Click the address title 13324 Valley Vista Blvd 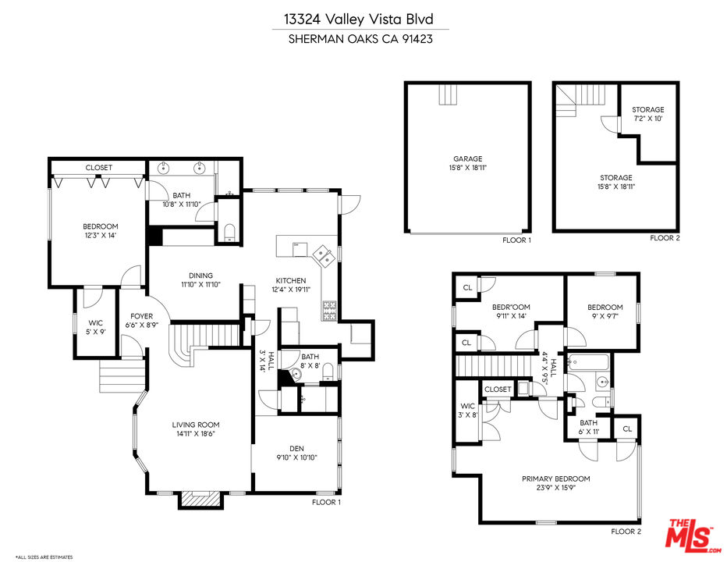pyautogui.click(x=359, y=19)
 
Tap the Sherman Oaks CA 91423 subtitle pyautogui.click(x=360, y=39)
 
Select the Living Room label pyautogui.click(x=196, y=425)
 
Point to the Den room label pyautogui.click(x=296, y=448)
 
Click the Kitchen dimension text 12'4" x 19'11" pyautogui.click(x=291, y=290)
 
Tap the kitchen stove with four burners pyautogui.click(x=330, y=311)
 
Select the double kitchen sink pyautogui.click(x=323, y=256)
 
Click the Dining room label pyautogui.click(x=200, y=276)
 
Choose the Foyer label pyautogui.click(x=141, y=316)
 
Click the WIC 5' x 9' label pyautogui.click(x=95, y=327)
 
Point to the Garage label pyautogui.click(x=468, y=158)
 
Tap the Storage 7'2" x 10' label pyautogui.click(x=647, y=114)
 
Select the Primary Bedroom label pyautogui.click(x=556, y=478)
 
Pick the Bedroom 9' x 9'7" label pyautogui.click(x=605, y=311)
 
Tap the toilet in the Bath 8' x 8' pyautogui.click(x=328, y=372)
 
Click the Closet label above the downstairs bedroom pyautogui.click(x=99, y=168)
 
